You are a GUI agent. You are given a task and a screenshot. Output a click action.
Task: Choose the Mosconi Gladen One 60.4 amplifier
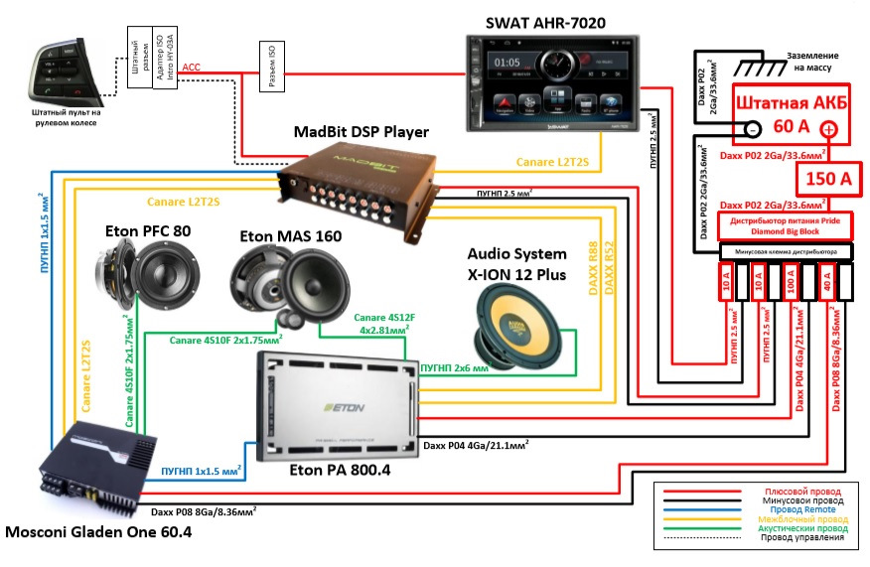point(95,466)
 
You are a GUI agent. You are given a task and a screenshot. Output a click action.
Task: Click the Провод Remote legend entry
point(805,510)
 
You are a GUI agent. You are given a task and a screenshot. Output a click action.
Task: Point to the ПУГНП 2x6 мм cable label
point(454,366)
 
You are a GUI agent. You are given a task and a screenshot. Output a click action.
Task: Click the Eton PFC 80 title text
point(148,230)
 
